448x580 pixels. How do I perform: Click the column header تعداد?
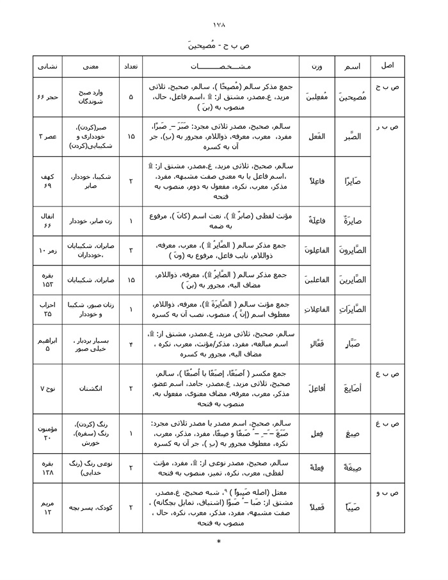click(131, 66)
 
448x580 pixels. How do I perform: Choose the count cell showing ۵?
click(131, 97)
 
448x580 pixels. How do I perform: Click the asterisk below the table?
click(219, 542)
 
